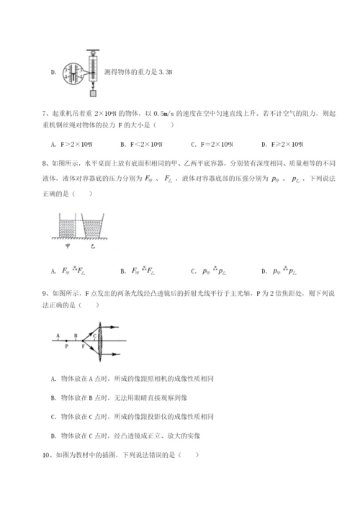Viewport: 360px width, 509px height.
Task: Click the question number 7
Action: coord(45,114)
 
